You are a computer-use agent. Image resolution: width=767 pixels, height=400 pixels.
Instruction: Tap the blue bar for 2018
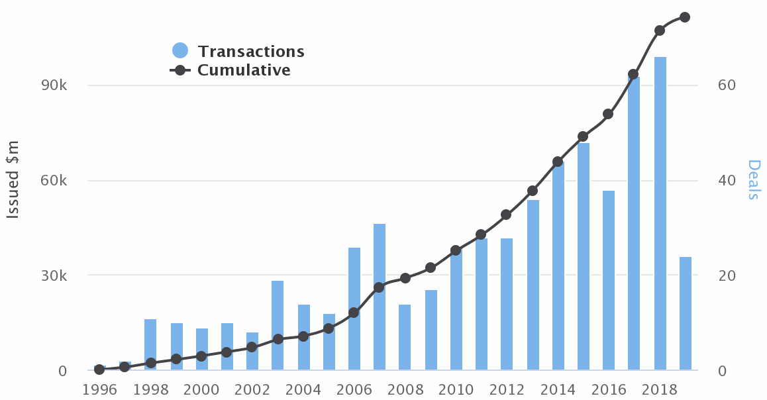[x=660, y=213]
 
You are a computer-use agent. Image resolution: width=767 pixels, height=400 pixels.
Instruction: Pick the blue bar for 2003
[x=278, y=325]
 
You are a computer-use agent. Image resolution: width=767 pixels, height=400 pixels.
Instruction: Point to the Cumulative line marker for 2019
[x=685, y=17]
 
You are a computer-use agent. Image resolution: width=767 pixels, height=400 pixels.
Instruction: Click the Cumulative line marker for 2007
[x=379, y=287]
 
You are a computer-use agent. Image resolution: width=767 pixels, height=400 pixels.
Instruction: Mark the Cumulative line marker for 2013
[x=533, y=191]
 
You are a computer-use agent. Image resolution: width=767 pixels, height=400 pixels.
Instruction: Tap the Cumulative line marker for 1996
[x=99, y=369]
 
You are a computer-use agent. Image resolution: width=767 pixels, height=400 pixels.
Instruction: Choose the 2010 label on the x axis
[x=456, y=388]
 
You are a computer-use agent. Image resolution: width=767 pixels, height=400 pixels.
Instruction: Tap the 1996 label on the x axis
[x=99, y=388]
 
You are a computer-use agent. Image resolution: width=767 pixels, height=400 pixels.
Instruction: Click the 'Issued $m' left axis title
[x=13, y=179]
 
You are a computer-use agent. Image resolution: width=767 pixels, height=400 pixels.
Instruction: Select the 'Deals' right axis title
[x=754, y=179]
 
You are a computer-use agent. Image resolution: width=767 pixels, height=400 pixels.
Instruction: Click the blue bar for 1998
[x=150, y=344]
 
